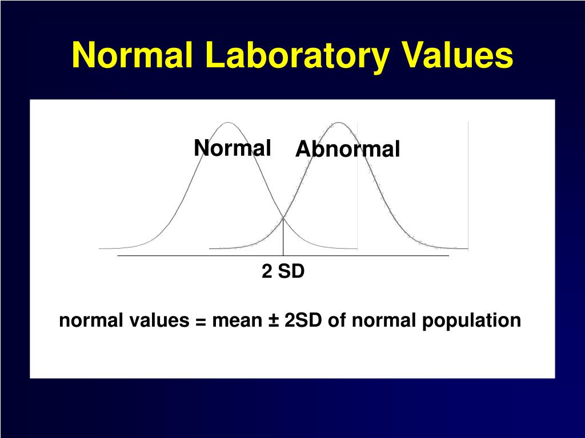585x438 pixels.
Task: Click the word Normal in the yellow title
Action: [x=133, y=55]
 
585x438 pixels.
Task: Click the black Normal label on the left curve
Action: [x=233, y=148]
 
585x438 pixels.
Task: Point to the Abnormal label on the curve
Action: [x=348, y=149]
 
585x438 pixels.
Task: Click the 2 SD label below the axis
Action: [x=283, y=271]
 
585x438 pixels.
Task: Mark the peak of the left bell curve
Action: [x=228, y=123]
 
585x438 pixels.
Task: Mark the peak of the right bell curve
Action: [x=338, y=123]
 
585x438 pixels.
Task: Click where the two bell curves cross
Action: [x=283, y=217]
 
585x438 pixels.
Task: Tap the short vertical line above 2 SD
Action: [x=283, y=237]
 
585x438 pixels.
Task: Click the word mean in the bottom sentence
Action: [x=237, y=321]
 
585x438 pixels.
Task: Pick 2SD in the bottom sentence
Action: [x=303, y=321]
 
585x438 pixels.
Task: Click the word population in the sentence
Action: [x=471, y=321]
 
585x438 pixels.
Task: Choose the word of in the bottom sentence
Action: [x=336, y=321]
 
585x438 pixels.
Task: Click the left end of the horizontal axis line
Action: [x=118, y=256]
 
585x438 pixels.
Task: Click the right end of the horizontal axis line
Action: [x=448, y=256]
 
